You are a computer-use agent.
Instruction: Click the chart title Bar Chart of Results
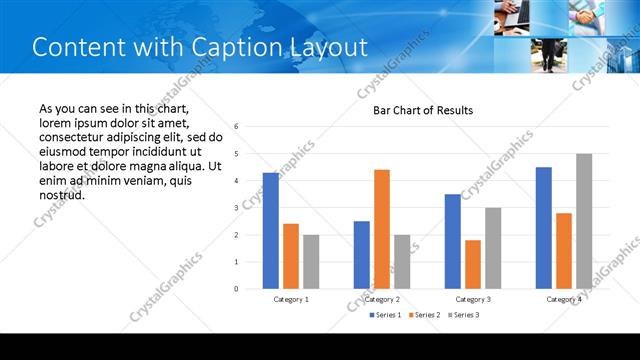click(x=423, y=110)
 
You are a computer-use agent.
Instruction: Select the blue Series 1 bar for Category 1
click(x=271, y=230)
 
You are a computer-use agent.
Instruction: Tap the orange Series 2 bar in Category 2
click(x=382, y=229)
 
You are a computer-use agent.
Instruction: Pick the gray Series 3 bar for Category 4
click(x=584, y=221)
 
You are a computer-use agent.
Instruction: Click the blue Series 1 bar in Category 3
click(x=453, y=241)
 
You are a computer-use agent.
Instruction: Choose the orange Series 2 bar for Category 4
click(x=564, y=250)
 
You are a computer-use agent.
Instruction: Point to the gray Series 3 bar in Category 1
click(x=311, y=261)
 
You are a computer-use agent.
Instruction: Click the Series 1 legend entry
click(x=385, y=315)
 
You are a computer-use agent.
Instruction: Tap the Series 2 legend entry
click(x=424, y=315)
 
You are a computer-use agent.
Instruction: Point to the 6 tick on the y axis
click(x=236, y=127)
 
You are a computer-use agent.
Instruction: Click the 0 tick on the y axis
click(x=236, y=289)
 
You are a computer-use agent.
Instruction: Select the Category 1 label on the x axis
click(x=291, y=299)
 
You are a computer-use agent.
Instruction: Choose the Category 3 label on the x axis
click(x=473, y=299)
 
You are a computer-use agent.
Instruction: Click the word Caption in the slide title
click(x=225, y=47)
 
